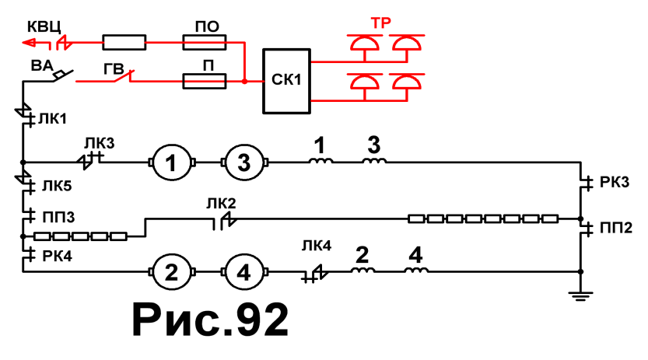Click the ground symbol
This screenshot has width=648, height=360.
coord(580,295)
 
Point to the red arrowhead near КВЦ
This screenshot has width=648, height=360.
coord(30,43)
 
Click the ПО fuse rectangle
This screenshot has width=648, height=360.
coord(204,42)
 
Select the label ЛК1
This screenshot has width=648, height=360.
coord(52,119)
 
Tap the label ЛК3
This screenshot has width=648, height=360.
coord(100,143)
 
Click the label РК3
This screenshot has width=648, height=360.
coord(615,182)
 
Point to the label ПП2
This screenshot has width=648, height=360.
coord(616,228)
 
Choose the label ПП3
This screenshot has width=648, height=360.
coord(58,216)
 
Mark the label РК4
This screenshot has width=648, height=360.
coord(57,256)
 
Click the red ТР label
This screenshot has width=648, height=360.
coord(380,23)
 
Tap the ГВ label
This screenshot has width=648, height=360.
coord(114,69)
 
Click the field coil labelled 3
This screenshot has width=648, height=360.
coord(374,161)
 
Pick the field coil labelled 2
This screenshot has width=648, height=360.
coord(363,270)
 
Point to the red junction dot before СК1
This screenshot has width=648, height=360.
coord(244,82)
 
